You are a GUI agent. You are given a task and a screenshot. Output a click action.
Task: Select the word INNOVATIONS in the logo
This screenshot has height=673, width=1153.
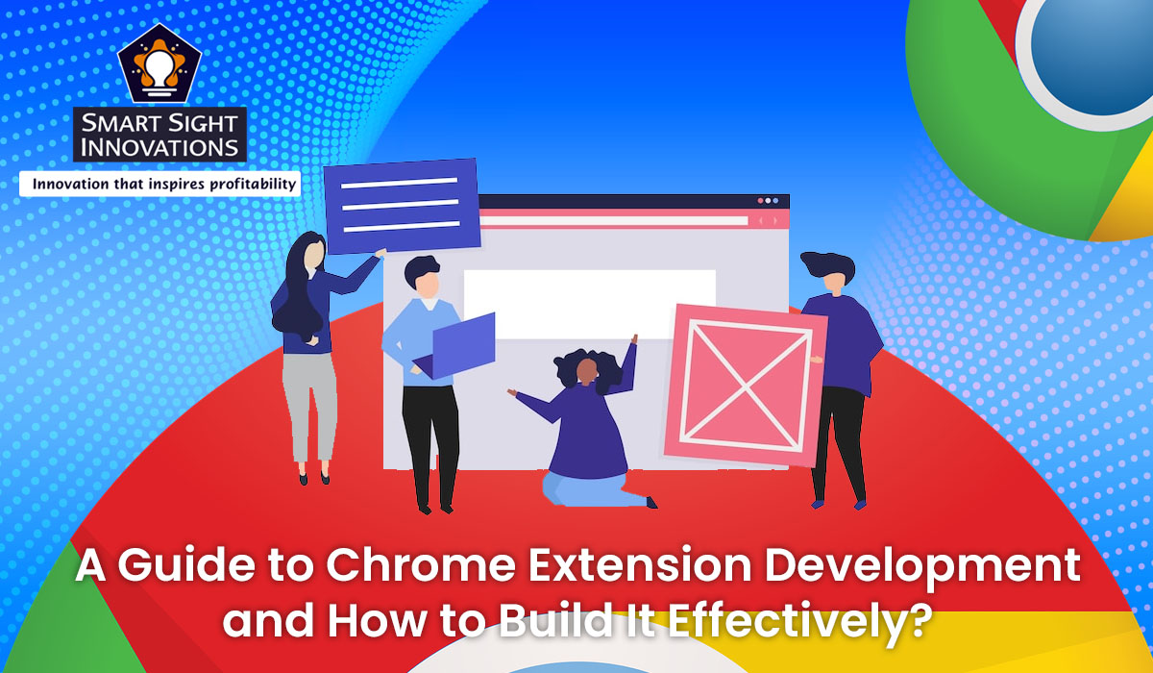(160, 147)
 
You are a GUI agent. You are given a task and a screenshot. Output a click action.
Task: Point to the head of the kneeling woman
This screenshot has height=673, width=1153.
(581, 366)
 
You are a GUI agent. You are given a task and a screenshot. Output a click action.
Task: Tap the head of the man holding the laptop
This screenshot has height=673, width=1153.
(423, 278)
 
